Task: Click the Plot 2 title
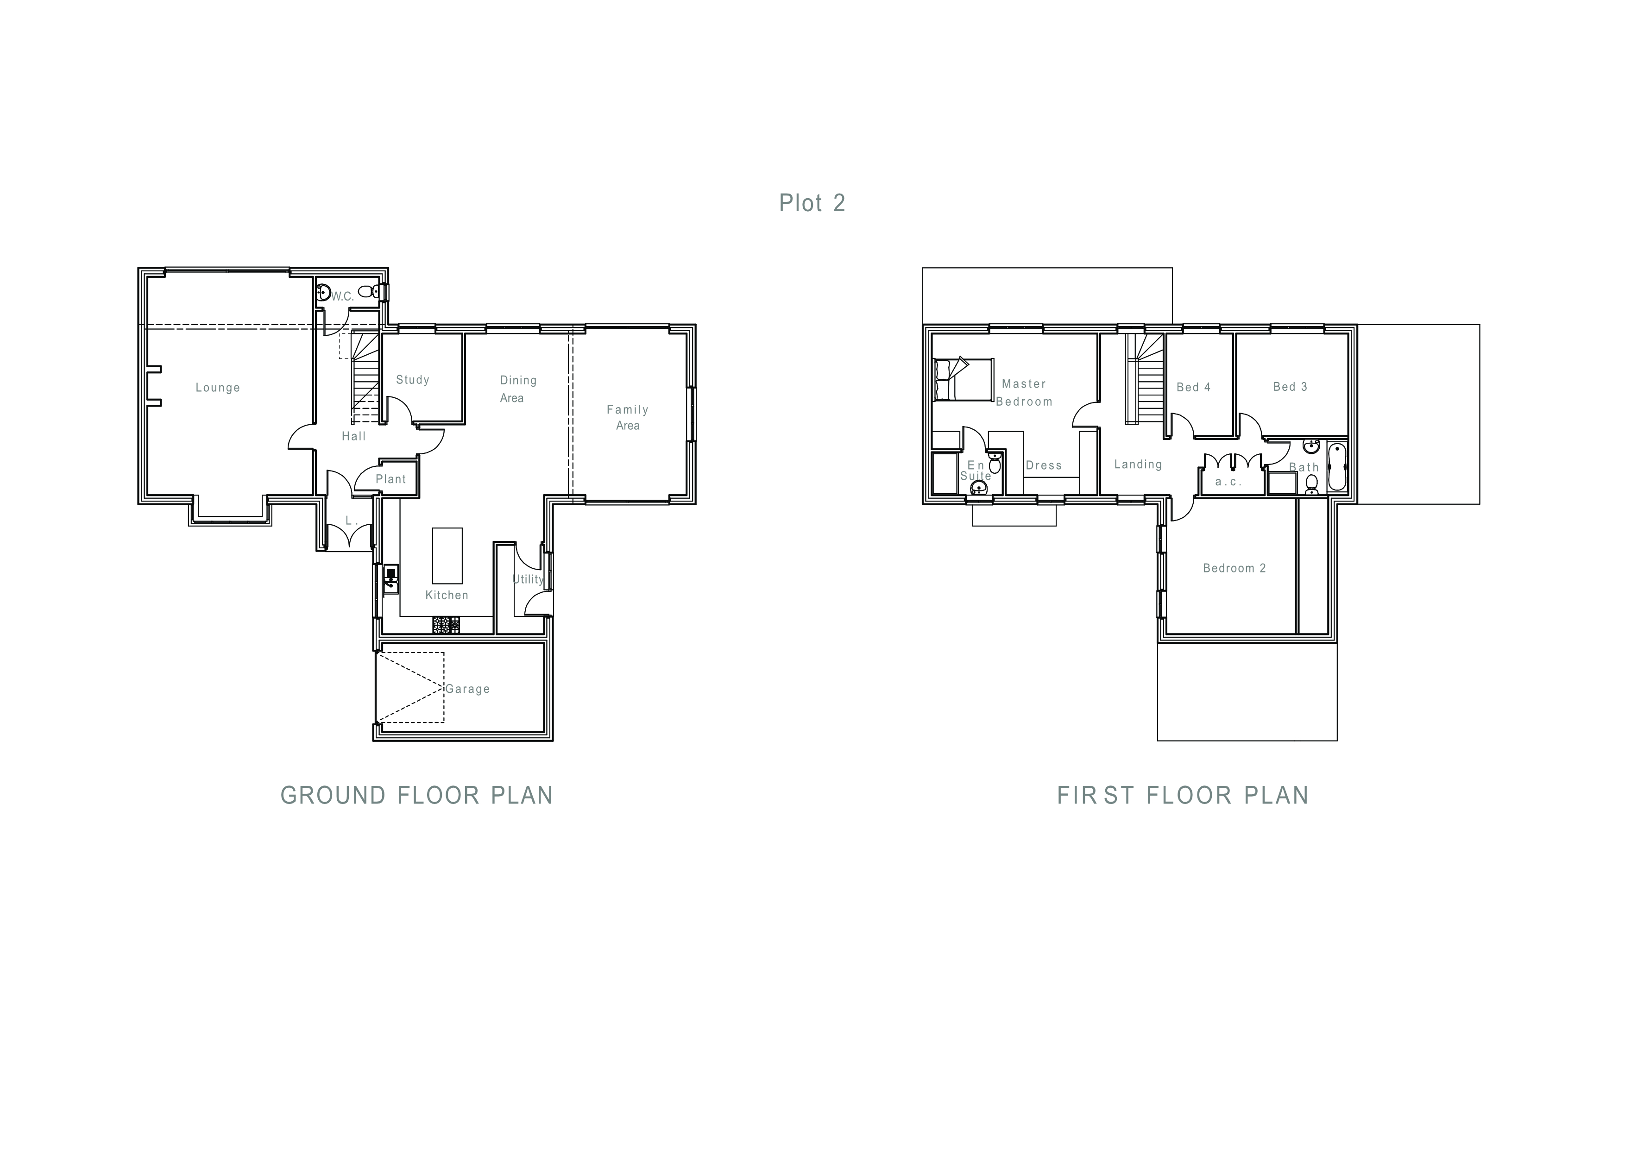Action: (x=812, y=203)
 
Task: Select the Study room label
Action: (x=413, y=380)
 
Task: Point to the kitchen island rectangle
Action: (x=447, y=555)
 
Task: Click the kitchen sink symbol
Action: (x=391, y=579)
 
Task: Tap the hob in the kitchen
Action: (x=446, y=625)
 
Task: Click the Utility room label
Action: (x=528, y=579)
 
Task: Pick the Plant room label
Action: (x=391, y=479)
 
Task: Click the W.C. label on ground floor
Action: (x=342, y=296)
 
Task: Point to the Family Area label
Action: (x=628, y=417)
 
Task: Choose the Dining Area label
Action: (x=518, y=389)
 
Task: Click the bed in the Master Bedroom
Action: (x=963, y=379)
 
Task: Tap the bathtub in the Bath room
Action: (x=1336, y=466)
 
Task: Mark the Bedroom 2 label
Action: (x=1234, y=568)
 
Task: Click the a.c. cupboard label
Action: (x=1228, y=482)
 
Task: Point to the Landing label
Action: (x=1138, y=464)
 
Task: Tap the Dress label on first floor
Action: (x=1044, y=465)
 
